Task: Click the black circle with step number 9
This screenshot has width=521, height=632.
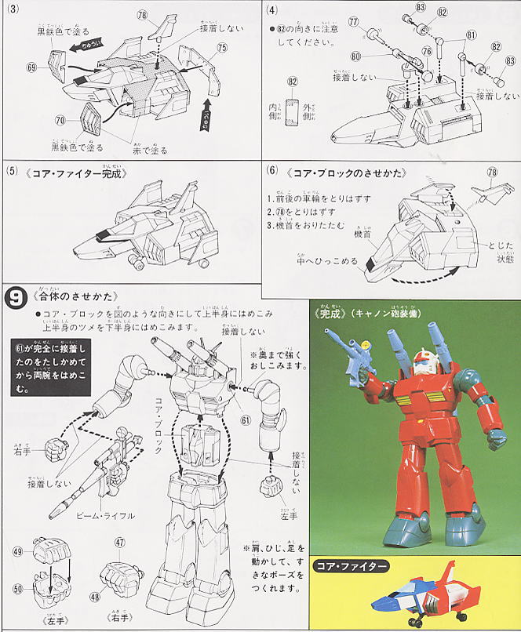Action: [15, 297]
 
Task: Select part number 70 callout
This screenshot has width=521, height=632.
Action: [60, 120]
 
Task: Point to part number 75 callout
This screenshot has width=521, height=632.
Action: [222, 49]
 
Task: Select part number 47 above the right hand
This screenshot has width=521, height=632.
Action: [120, 543]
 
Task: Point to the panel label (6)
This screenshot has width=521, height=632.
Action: [271, 172]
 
